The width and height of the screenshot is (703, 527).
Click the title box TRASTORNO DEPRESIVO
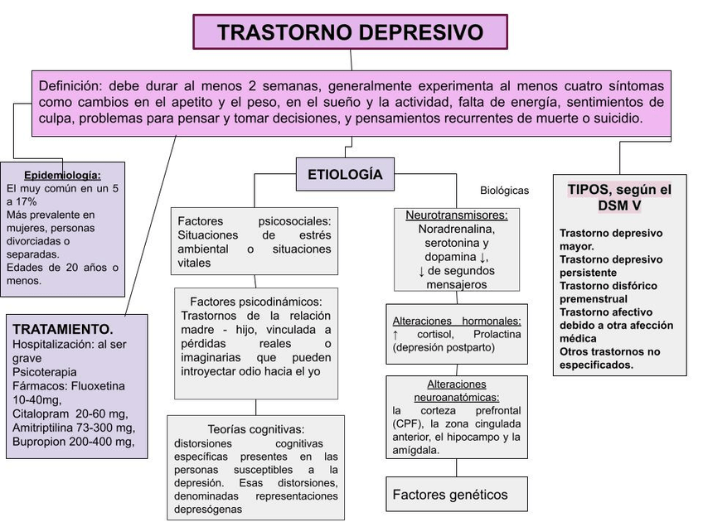click(350, 32)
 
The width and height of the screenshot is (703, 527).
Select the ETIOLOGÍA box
click(345, 175)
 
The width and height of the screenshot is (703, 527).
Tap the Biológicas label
click(504, 190)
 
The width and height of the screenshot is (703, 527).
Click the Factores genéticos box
click(449, 495)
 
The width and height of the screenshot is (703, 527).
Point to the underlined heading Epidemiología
click(62, 175)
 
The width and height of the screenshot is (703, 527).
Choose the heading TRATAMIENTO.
click(63, 329)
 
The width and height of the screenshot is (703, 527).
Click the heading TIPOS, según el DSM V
click(619, 196)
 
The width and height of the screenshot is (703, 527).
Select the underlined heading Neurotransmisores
click(456, 215)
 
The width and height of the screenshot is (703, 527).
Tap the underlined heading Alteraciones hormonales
click(457, 321)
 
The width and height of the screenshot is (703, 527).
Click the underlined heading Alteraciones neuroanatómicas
click(456, 390)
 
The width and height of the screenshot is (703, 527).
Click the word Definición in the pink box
click(70, 86)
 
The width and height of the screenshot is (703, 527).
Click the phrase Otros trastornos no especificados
click(609, 358)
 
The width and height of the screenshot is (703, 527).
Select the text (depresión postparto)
click(444, 347)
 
